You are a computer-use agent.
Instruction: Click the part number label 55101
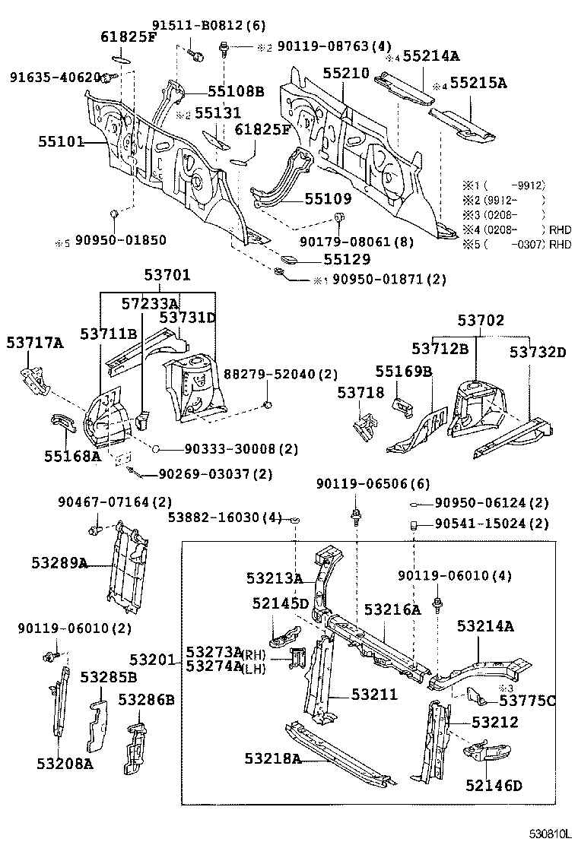(61, 142)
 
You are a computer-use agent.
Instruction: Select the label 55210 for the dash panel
(345, 73)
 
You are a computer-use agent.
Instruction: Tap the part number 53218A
(273, 758)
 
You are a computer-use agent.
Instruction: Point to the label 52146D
(494, 785)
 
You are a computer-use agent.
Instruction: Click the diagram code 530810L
(549, 834)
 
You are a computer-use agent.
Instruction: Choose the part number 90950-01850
(120, 240)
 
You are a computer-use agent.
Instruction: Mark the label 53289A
(59, 563)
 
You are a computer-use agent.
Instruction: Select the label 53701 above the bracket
(167, 275)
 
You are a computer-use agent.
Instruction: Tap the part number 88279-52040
(273, 374)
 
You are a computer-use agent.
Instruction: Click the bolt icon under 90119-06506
(357, 518)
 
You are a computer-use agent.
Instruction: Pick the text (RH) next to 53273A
(254, 654)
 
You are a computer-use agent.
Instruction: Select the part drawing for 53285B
(97, 726)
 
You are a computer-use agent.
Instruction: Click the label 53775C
(527, 701)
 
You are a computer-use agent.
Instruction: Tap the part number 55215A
(478, 83)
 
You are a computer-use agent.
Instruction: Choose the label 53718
(360, 393)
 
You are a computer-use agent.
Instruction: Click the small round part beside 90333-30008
(155, 448)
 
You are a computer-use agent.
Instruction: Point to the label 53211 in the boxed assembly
(374, 695)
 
